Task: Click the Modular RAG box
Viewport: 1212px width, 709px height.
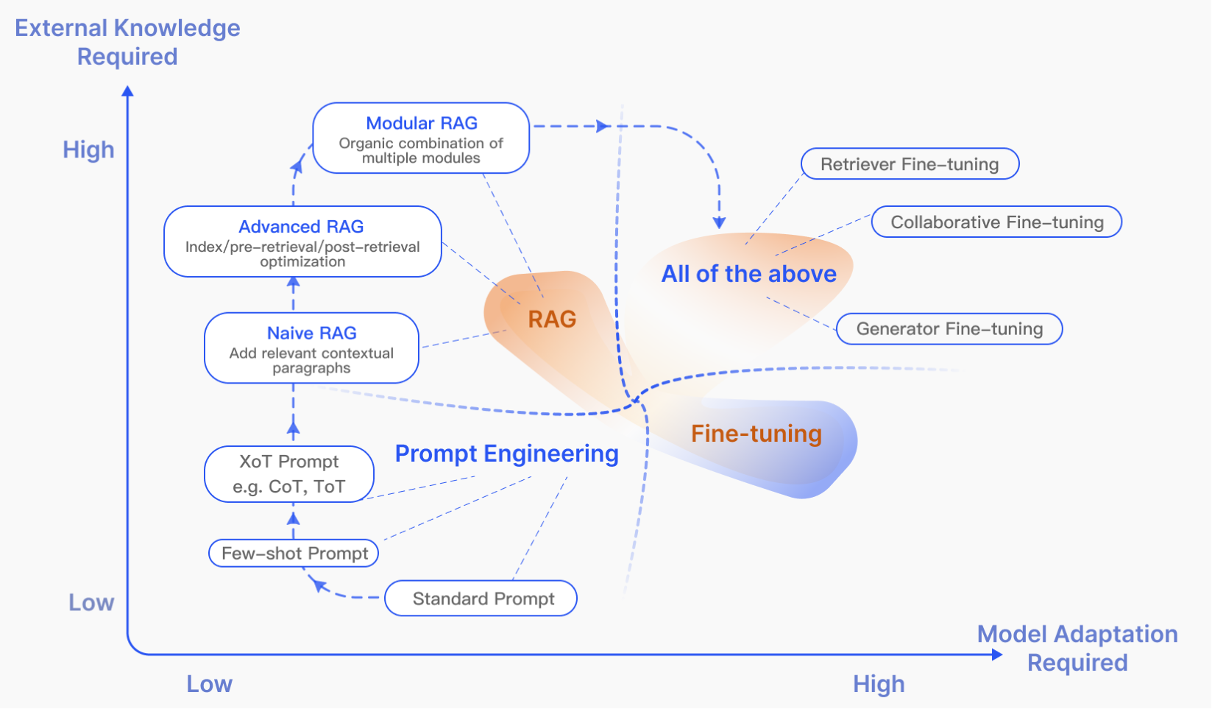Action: click(x=421, y=138)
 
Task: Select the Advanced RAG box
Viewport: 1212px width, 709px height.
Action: click(x=302, y=241)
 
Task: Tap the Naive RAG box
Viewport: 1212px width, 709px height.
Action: click(x=311, y=348)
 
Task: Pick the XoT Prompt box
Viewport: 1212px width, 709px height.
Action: click(x=289, y=474)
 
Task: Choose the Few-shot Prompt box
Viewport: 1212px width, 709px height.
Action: click(x=294, y=553)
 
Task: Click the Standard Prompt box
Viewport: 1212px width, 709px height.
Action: click(x=481, y=599)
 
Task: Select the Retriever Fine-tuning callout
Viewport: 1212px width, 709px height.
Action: click(x=910, y=164)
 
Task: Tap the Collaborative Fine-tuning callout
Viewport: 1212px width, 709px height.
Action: click(x=996, y=222)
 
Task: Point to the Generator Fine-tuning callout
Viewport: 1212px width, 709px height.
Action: click(x=949, y=329)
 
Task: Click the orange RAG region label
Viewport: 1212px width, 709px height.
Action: click(x=552, y=320)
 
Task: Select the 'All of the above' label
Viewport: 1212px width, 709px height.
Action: click(x=748, y=274)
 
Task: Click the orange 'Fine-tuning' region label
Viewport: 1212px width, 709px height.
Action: click(x=756, y=434)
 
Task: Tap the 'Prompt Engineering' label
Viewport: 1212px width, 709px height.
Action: click(x=506, y=454)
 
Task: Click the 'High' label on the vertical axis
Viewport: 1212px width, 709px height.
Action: click(x=88, y=150)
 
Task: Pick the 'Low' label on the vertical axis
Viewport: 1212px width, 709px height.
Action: click(x=91, y=603)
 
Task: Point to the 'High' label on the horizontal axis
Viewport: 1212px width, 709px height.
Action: click(x=879, y=684)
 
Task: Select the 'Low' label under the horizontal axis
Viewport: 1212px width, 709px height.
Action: click(x=209, y=684)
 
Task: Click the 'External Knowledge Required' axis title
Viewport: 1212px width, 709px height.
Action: click(x=127, y=42)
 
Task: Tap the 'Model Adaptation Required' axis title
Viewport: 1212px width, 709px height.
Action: click(x=1077, y=648)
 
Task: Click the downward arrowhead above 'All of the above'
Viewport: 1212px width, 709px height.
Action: click(x=719, y=222)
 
